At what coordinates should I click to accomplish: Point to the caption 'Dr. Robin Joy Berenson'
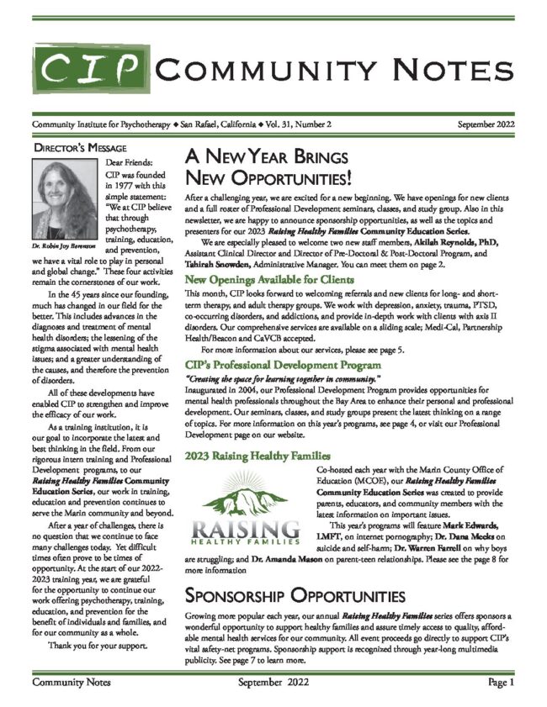click(64, 246)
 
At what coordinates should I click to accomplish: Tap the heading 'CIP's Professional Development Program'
click(283, 366)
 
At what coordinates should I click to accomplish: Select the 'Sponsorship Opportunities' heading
click(295, 597)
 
